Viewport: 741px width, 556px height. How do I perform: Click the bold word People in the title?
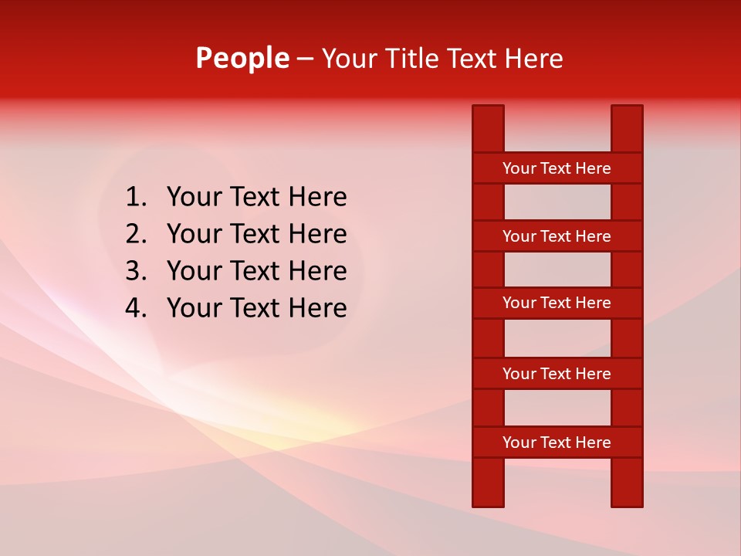242,58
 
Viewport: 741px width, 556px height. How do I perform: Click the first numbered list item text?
256,198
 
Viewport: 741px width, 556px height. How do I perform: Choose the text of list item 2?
256,234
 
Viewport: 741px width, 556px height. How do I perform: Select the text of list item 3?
256,271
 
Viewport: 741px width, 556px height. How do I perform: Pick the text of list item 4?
256,308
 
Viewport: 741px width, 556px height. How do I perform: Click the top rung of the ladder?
557,168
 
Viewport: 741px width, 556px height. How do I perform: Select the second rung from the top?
557,236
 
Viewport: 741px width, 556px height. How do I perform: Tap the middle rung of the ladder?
557,303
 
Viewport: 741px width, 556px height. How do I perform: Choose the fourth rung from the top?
557,374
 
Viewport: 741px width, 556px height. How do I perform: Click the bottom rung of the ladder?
557,442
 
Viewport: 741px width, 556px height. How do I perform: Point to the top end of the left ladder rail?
488,112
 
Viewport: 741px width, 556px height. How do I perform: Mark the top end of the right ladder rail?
627,112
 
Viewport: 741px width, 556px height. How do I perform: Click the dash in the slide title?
305,59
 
